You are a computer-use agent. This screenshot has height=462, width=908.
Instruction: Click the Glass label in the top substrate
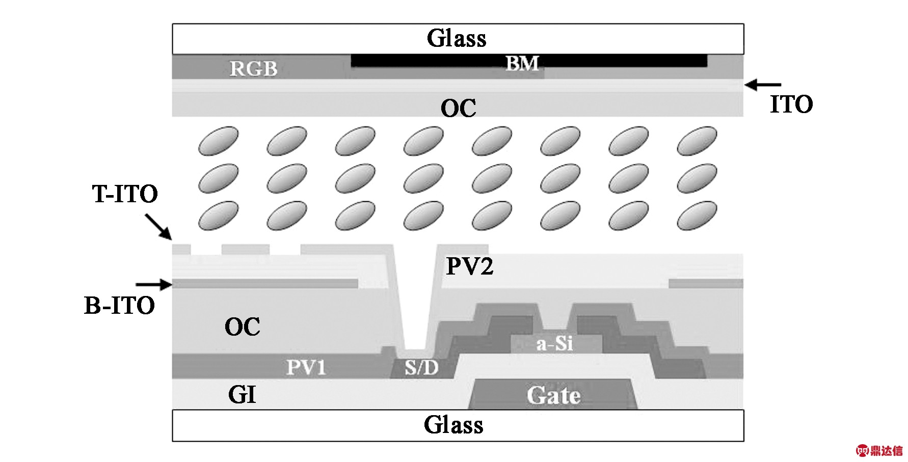click(457, 38)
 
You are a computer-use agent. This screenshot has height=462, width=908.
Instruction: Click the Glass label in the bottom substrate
click(453, 425)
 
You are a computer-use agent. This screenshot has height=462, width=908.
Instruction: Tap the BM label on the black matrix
click(522, 64)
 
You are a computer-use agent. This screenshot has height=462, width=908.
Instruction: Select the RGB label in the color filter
click(253, 69)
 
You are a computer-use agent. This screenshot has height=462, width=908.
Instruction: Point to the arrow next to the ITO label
click(763, 85)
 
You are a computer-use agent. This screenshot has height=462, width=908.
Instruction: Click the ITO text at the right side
click(791, 104)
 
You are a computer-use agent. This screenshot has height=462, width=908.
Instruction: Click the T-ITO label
click(125, 194)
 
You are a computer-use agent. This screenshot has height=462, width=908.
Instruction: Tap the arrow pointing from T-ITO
click(158, 227)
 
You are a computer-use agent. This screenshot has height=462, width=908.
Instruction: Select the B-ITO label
click(119, 306)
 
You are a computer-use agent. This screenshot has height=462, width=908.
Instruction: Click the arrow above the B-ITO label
click(154, 284)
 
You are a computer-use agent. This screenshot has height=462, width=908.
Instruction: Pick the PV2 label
click(470, 266)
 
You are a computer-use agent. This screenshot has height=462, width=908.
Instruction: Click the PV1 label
click(306, 367)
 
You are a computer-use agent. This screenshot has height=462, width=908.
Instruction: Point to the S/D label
click(421, 367)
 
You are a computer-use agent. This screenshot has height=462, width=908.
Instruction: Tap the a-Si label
click(555, 344)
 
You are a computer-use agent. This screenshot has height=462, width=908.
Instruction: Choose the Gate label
click(554, 396)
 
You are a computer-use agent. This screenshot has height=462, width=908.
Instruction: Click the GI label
click(242, 395)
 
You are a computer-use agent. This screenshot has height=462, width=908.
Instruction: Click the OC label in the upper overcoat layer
click(459, 108)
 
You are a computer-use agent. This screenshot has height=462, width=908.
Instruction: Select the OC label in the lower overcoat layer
click(243, 327)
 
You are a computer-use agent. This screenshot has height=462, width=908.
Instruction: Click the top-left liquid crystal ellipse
click(218, 141)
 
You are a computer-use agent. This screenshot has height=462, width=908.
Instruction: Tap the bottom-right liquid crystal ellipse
click(697, 215)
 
